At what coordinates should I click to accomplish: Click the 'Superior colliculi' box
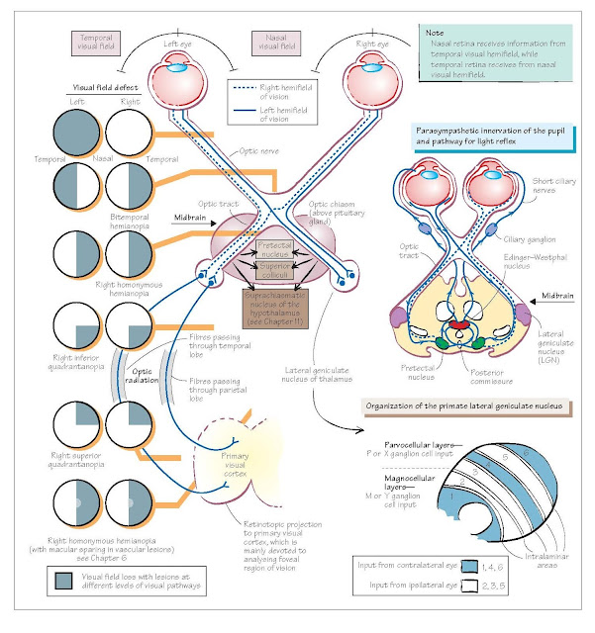(x=273, y=270)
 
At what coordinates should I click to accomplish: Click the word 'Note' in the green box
(x=437, y=33)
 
